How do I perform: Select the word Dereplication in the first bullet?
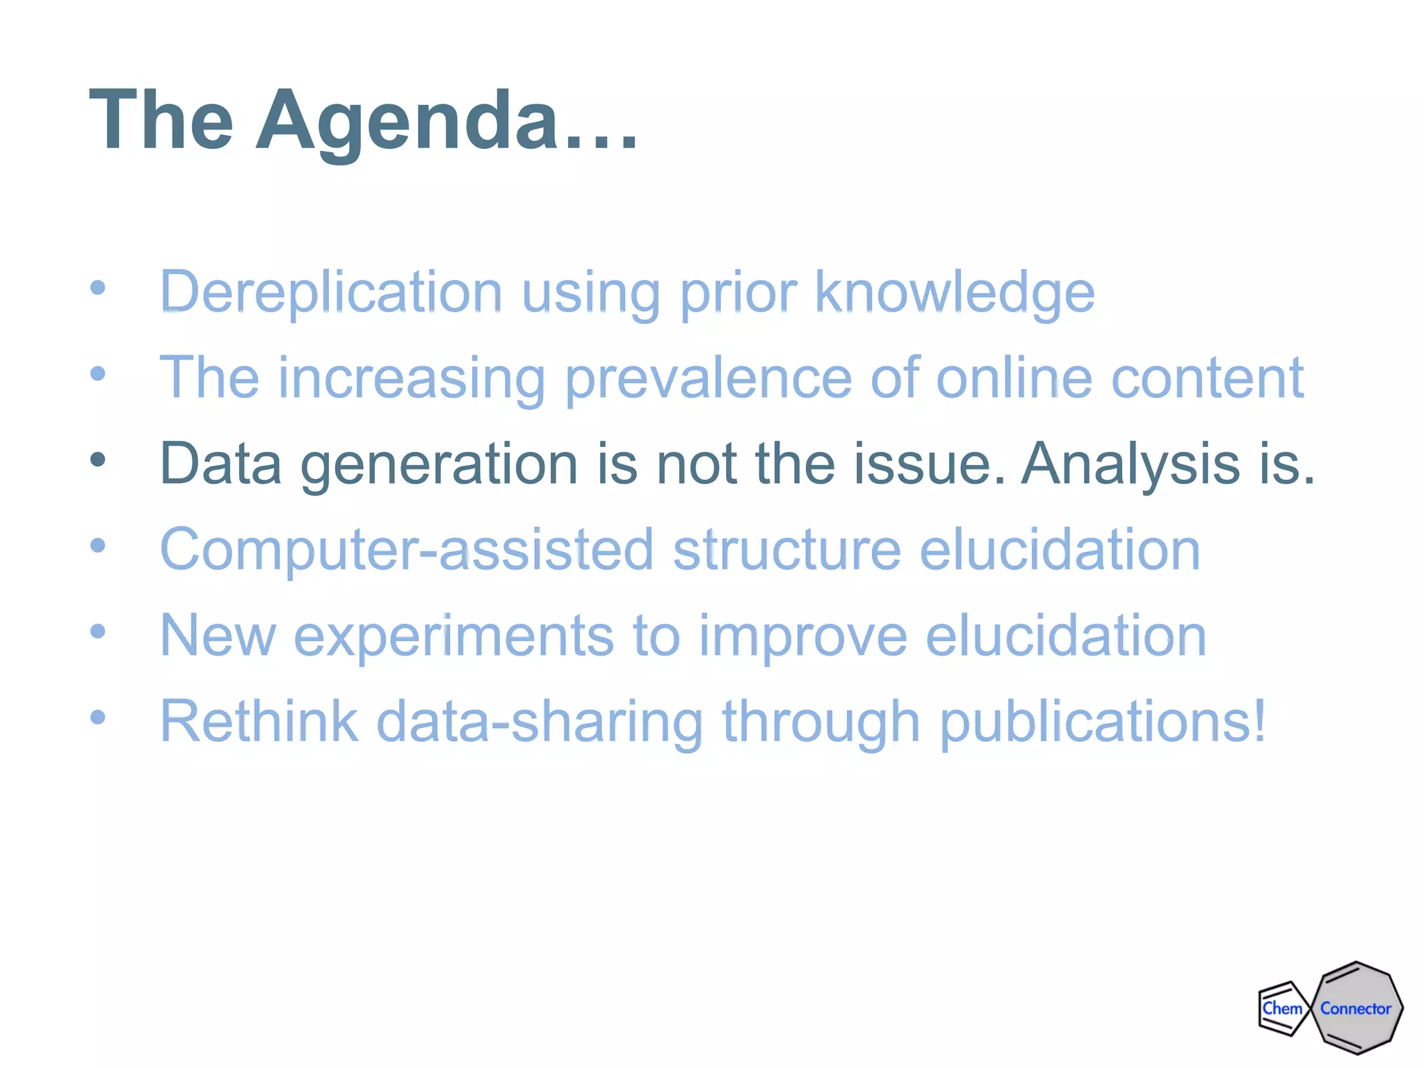pos(331,292)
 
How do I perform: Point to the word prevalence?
pos(708,378)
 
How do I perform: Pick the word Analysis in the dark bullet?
pos(1131,464)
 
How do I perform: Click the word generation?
pos(439,464)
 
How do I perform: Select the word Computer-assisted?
pos(407,549)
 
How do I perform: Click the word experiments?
pos(454,636)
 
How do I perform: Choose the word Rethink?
pos(259,721)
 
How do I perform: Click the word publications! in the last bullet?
pos(1103,721)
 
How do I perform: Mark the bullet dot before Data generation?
pos(98,460)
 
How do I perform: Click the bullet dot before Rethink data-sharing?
pos(98,717)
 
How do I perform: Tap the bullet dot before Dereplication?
pos(98,287)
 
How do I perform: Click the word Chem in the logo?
pos(1281,1008)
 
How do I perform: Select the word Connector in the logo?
pos(1355,1008)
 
